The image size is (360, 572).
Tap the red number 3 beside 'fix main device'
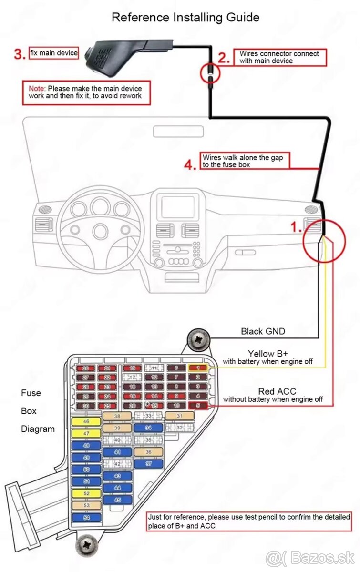pos(20,54)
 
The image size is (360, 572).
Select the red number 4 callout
pos(190,165)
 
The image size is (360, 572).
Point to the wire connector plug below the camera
pos(210,74)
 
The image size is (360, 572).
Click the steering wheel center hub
pos(101,231)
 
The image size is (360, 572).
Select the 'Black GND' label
pos(263,331)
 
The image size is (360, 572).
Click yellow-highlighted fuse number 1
pos(197,368)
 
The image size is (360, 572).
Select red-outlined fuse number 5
pos(197,406)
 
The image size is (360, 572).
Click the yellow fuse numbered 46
pos(86,422)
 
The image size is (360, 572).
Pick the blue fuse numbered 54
pos(86,517)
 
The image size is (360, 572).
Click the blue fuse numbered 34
pos(148,428)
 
